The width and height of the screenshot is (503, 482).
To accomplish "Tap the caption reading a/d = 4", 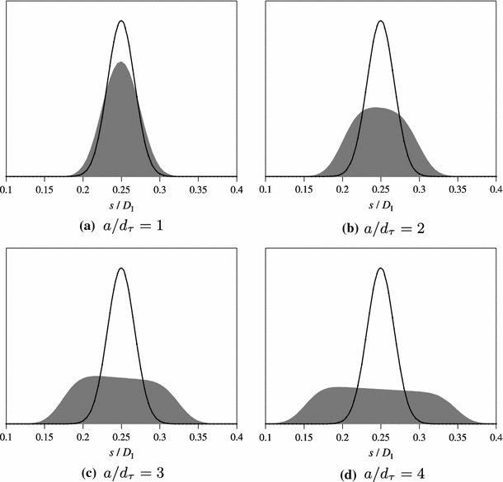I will (x=380, y=471).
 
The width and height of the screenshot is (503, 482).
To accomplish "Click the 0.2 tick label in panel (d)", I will (x=341, y=438).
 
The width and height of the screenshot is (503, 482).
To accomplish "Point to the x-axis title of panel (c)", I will (x=122, y=452).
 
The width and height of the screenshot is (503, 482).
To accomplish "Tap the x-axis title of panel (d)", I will (x=380, y=452).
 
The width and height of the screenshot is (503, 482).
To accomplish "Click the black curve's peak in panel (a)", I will (x=122, y=21).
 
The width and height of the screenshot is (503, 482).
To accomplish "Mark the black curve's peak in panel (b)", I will (x=380, y=21).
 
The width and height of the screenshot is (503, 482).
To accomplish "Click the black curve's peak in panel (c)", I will (x=122, y=269).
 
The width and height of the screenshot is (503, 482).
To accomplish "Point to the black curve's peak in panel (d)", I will (x=380, y=269).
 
